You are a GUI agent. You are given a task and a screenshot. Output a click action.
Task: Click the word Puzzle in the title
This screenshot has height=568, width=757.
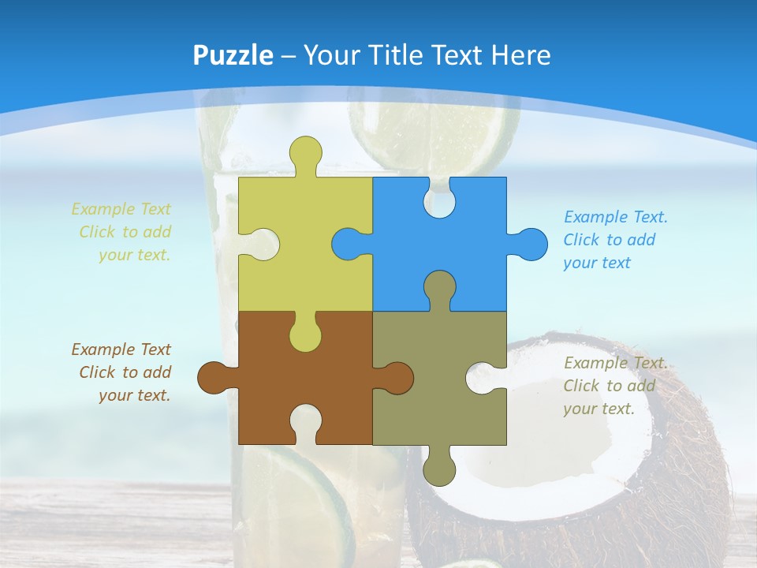pyautogui.click(x=233, y=55)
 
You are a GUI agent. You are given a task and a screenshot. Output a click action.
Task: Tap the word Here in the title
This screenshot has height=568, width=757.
pyautogui.click(x=520, y=55)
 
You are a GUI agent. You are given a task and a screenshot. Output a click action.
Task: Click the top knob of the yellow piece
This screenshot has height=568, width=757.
pyautogui.click(x=305, y=152)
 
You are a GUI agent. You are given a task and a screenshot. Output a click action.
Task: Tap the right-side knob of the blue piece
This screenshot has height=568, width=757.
pyautogui.click(x=530, y=244)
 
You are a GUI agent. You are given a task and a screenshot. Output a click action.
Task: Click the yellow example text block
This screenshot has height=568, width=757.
pyautogui.click(x=122, y=232)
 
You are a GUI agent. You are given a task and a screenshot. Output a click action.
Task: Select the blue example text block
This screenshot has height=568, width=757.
pyautogui.click(x=615, y=240)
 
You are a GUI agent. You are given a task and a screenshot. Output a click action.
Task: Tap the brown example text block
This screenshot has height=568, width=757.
pyautogui.click(x=122, y=372)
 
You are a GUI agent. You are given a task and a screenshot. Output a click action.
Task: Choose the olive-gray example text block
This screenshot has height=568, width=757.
pyautogui.click(x=615, y=386)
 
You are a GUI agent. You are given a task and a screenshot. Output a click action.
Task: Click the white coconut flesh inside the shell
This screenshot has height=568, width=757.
pyautogui.click(x=552, y=442)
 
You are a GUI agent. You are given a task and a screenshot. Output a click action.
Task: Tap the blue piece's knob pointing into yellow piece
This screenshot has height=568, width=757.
pyautogui.click(x=347, y=244)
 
